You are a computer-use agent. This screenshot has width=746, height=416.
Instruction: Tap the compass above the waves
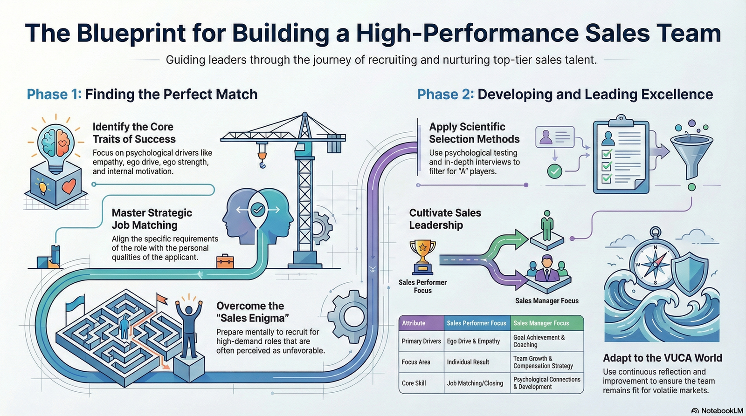coord(655,263)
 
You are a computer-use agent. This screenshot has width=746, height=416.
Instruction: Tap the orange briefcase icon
coord(225,261)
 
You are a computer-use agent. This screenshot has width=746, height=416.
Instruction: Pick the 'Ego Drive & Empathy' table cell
coord(473,341)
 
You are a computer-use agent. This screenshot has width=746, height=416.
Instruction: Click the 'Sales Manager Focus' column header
coord(541,323)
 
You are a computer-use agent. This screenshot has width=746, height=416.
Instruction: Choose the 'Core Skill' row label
coord(414,383)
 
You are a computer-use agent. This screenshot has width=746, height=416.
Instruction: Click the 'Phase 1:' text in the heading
coord(54,95)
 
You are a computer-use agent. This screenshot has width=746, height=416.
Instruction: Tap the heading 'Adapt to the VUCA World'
coord(662,358)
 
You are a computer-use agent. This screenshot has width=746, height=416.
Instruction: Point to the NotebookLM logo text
coord(721,410)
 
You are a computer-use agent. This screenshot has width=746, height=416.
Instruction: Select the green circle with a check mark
coord(554,171)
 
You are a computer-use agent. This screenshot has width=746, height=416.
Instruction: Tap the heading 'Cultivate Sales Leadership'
coord(445,219)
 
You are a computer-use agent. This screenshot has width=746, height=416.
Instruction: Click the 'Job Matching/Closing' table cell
coord(475,383)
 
